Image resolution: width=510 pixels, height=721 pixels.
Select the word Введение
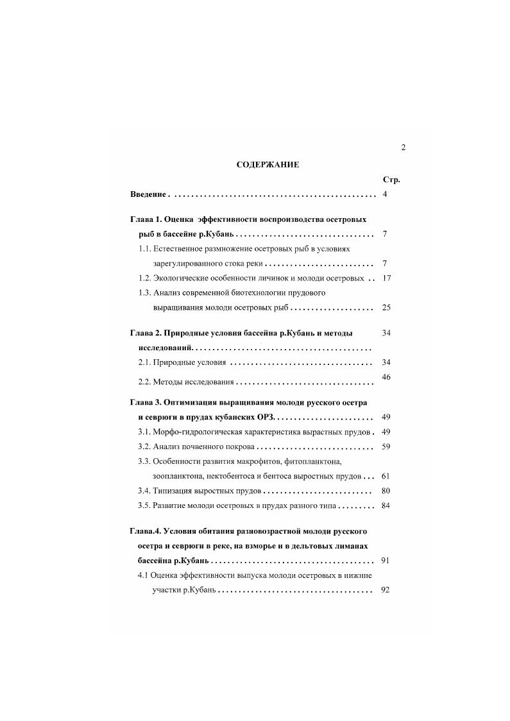click(x=148, y=194)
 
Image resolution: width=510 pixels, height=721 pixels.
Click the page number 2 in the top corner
click(x=403, y=148)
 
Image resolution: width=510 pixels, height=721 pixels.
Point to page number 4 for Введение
click(x=384, y=194)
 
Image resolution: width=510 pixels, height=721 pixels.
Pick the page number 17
click(x=386, y=278)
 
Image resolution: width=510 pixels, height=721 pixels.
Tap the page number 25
click(x=386, y=308)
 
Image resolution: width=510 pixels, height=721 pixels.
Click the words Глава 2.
click(x=146, y=334)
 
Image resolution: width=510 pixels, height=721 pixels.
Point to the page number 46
click(x=386, y=377)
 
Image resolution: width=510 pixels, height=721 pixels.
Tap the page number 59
click(x=386, y=446)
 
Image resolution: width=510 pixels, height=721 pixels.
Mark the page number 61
click(x=386, y=477)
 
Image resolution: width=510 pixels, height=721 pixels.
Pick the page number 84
click(x=386, y=505)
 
